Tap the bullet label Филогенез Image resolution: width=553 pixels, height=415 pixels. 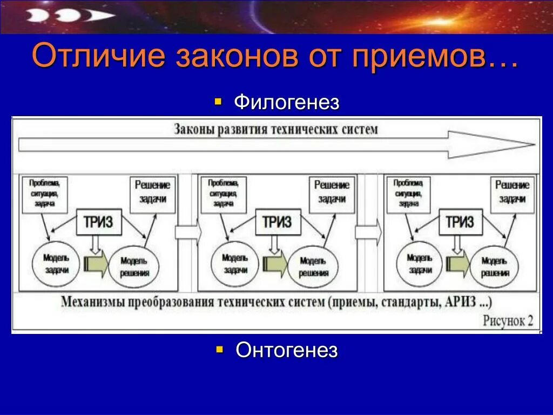pyautogui.click(x=286, y=102)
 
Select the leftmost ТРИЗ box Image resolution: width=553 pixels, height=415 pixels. pyautogui.click(x=98, y=222)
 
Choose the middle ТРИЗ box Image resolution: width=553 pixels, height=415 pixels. pyautogui.click(x=277, y=222)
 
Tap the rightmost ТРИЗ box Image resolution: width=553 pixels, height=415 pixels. pyautogui.click(x=460, y=222)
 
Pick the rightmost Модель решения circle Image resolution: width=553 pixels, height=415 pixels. pyautogui.click(x=495, y=266)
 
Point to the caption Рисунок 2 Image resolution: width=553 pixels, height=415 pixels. pyautogui.click(x=508, y=320)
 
